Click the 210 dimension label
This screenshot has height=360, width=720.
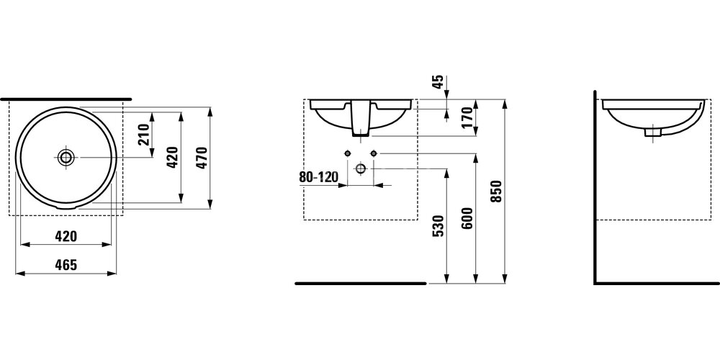tap(143, 135)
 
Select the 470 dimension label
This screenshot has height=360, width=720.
tap(202, 158)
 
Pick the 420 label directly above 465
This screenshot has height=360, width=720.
tap(66, 236)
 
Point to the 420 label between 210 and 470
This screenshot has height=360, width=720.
tap(171, 158)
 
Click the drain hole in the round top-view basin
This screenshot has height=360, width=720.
tap(66, 157)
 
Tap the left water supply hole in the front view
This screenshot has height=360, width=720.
tap(348, 153)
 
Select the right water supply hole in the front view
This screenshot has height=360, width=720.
tap(374, 153)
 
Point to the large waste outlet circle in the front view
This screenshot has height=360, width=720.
tap(361, 168)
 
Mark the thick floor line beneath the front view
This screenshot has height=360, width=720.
tap(361, 284)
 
